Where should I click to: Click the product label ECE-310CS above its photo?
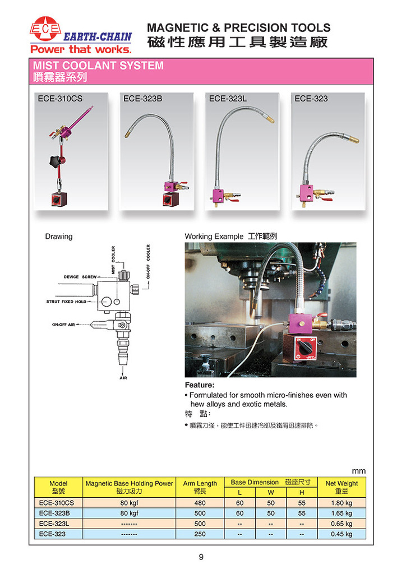(x=60, y=99)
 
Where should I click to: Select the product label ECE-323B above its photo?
(x=142, y=99)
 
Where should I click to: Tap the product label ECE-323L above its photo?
(x=228, y=99)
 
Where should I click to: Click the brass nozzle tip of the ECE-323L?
(x=270, y=119)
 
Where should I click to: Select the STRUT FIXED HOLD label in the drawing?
(x=67, y=302)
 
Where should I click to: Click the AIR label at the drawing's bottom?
(x=123, y=378)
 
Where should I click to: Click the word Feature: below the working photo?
(x=200, y=386)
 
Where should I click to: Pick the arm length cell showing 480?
(x=200, y=503)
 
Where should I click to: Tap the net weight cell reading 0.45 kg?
(x=341, y=534)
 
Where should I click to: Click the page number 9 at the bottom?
(x=201, y=557)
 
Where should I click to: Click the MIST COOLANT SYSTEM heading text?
(x=99, y=66)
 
